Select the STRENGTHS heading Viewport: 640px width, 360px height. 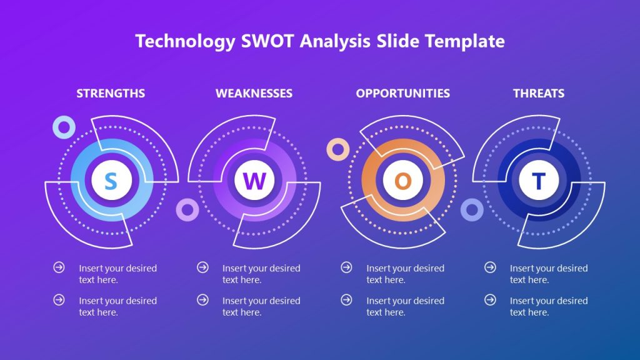click(111, 93)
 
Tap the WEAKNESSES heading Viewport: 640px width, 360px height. click(254, 93)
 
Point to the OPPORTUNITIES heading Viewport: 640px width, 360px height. click(402, 93)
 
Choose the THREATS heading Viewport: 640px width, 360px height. click(539, 93)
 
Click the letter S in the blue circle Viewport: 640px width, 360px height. click(111, 181)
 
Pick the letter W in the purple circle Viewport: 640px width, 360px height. click(254, 181)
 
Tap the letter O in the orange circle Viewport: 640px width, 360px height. click(403, 181)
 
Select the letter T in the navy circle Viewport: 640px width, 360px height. click(538, 181)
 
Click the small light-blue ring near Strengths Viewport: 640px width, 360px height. click(64, 127)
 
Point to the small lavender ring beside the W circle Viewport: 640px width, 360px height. click(187, 210)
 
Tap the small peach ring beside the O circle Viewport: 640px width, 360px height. click(338, 149)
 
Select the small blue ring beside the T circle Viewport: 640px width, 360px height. click(472, 210)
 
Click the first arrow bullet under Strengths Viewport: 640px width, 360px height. click(59, 267)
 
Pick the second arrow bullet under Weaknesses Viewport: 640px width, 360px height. click(202, 300)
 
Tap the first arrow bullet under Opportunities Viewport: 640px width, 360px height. click(346, 267)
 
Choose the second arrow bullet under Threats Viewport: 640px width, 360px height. click(490, 300)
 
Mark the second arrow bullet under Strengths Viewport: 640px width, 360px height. click(59, 300)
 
